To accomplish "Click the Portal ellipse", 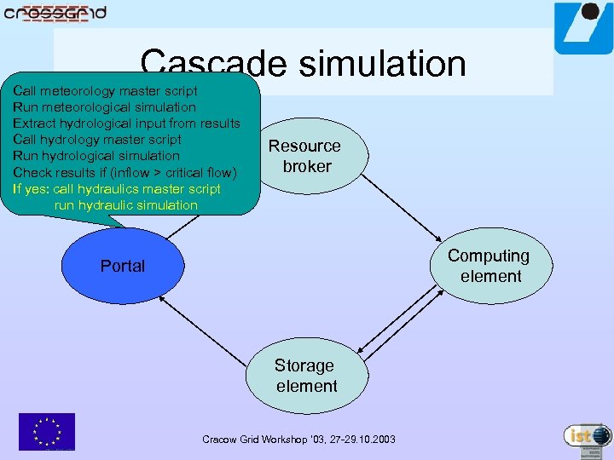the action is point(123,266).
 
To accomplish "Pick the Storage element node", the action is point(307,376).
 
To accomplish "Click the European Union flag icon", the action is point(47,431).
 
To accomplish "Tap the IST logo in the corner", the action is point(588,435).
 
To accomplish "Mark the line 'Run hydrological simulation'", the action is point(96,156).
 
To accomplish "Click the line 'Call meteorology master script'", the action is point(105,90).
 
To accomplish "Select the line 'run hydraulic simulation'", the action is point(125,205).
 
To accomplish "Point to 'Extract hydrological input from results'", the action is point(126,124).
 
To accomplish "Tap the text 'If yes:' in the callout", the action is point(31,189).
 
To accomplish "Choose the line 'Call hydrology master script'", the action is point(97,140).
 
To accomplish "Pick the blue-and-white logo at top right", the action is point(582,29).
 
